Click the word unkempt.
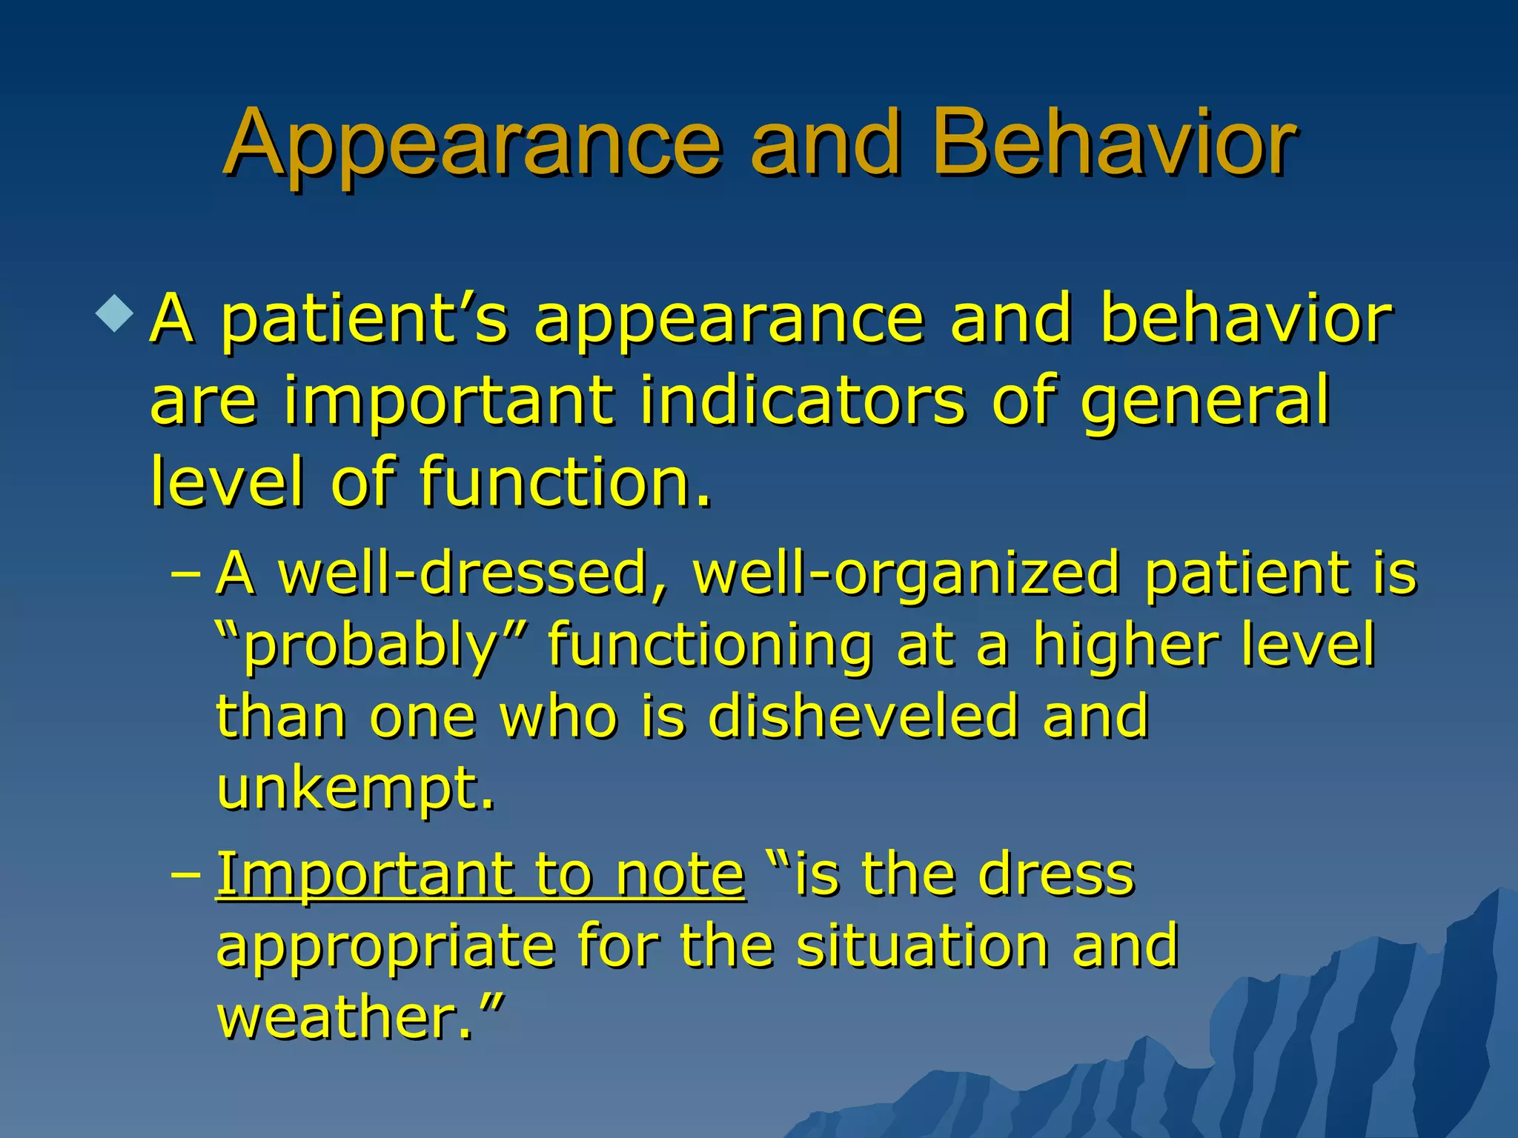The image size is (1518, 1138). pyautogui.click(x=354, y=790)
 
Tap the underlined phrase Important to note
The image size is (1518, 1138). pyautogui.click(x=480, y=875)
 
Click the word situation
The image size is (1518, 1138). pyautogui.click(x=923, y=946)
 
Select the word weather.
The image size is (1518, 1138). pyautogui.click(x=345, y=1018)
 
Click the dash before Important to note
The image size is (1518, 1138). pyautogui.click(x=185, y=875)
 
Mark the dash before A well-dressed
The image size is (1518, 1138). pyautogui.click(x=185, y=575)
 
